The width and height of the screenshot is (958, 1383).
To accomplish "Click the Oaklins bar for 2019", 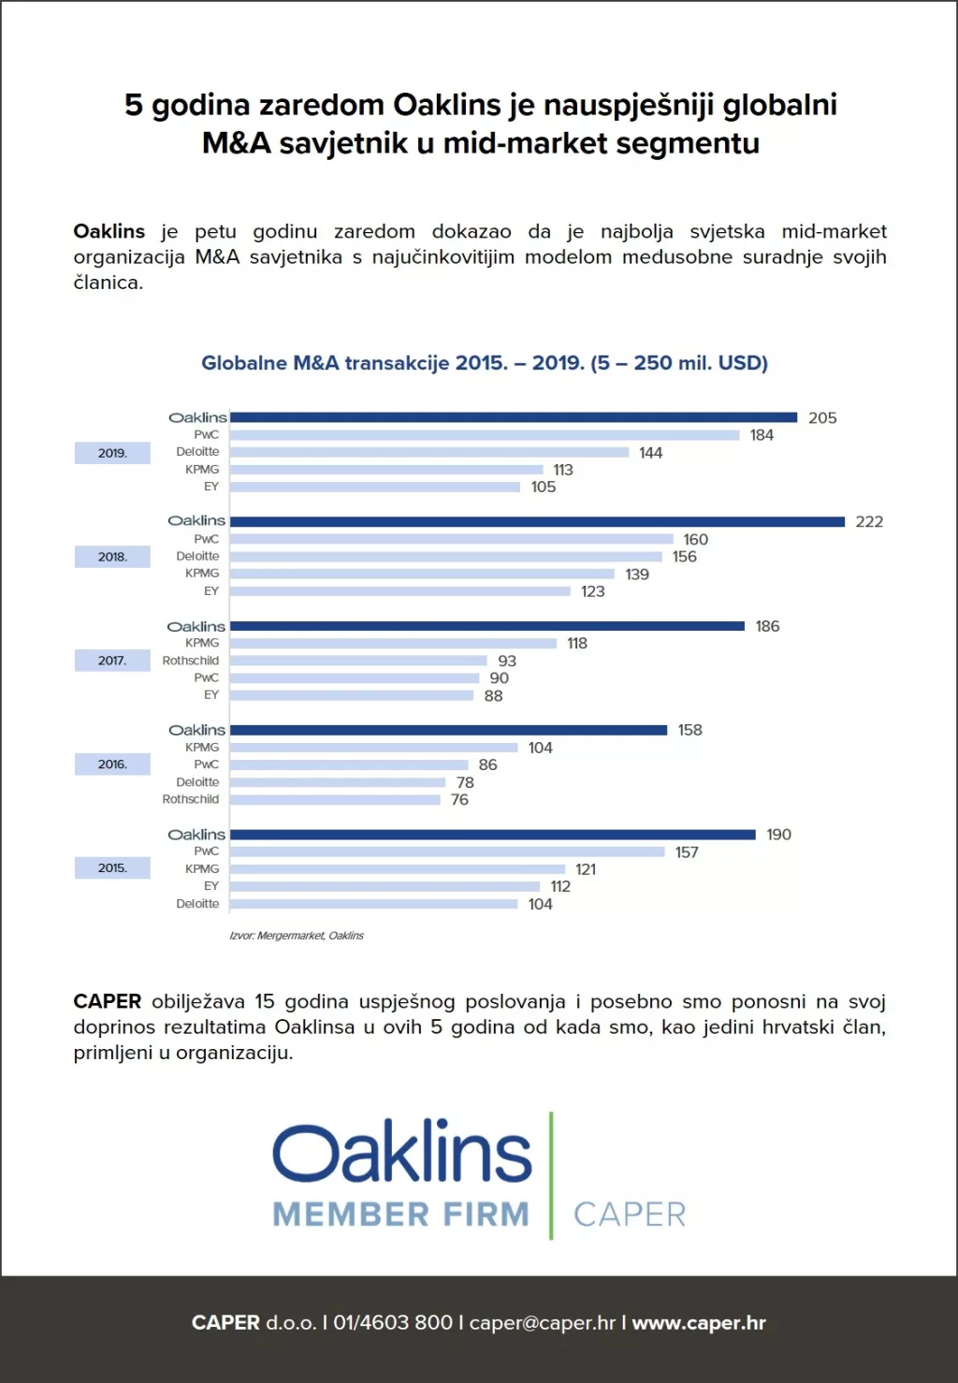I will pyautogui.click(x=514, y=417).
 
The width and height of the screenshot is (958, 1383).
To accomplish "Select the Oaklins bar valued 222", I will pyautogui.click(x=537, y=521).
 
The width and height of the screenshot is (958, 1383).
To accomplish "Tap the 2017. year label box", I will pyautogui.click(x=112, y=661).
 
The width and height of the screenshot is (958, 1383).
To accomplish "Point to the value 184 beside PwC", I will pyautogui.click(x=762, y=435).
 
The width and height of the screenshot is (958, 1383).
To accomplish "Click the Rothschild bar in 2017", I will pyautogui.click(x=358, y=661).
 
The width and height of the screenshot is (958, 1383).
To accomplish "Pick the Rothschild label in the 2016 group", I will pyautogui.click(x=191, y=799).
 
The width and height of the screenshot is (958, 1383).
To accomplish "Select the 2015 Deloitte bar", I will pyautogui.click(x=373, y=904).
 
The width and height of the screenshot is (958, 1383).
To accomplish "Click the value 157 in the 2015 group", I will pyautogui.click(x=687, y=852).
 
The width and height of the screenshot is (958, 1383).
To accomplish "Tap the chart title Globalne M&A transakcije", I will pyautogui.click(x=485, y=363).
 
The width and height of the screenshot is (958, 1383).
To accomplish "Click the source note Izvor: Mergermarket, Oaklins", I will pyautogui.click(x=297, y=935).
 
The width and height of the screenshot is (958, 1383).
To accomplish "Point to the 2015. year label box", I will pyautogui.click(x=112, y=868).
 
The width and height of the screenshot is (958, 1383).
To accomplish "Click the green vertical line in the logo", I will pyautogui.click(x=551, y=1175).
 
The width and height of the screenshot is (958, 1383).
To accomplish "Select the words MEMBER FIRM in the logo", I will pyautogui.click(x=400, y=1215).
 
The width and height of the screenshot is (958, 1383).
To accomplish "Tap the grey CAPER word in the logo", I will pyautogui.click(x=630, y=1215).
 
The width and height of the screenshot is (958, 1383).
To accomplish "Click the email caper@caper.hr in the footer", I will pyautogui.click(x=543, y=1323).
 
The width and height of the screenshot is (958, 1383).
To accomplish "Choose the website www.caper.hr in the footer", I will pyautogui.click(x=699, y=1323).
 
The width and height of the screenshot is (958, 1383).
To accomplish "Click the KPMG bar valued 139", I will pyautogui.click(x=422, y=574).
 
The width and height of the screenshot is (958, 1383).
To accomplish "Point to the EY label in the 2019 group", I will pyautogui.click(x=211, y=487).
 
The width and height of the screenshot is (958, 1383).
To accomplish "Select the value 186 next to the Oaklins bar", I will pyautogui.click(x=767, y=626).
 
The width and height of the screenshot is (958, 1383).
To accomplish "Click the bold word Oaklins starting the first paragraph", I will pyautogui.click(x=109, y=231).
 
